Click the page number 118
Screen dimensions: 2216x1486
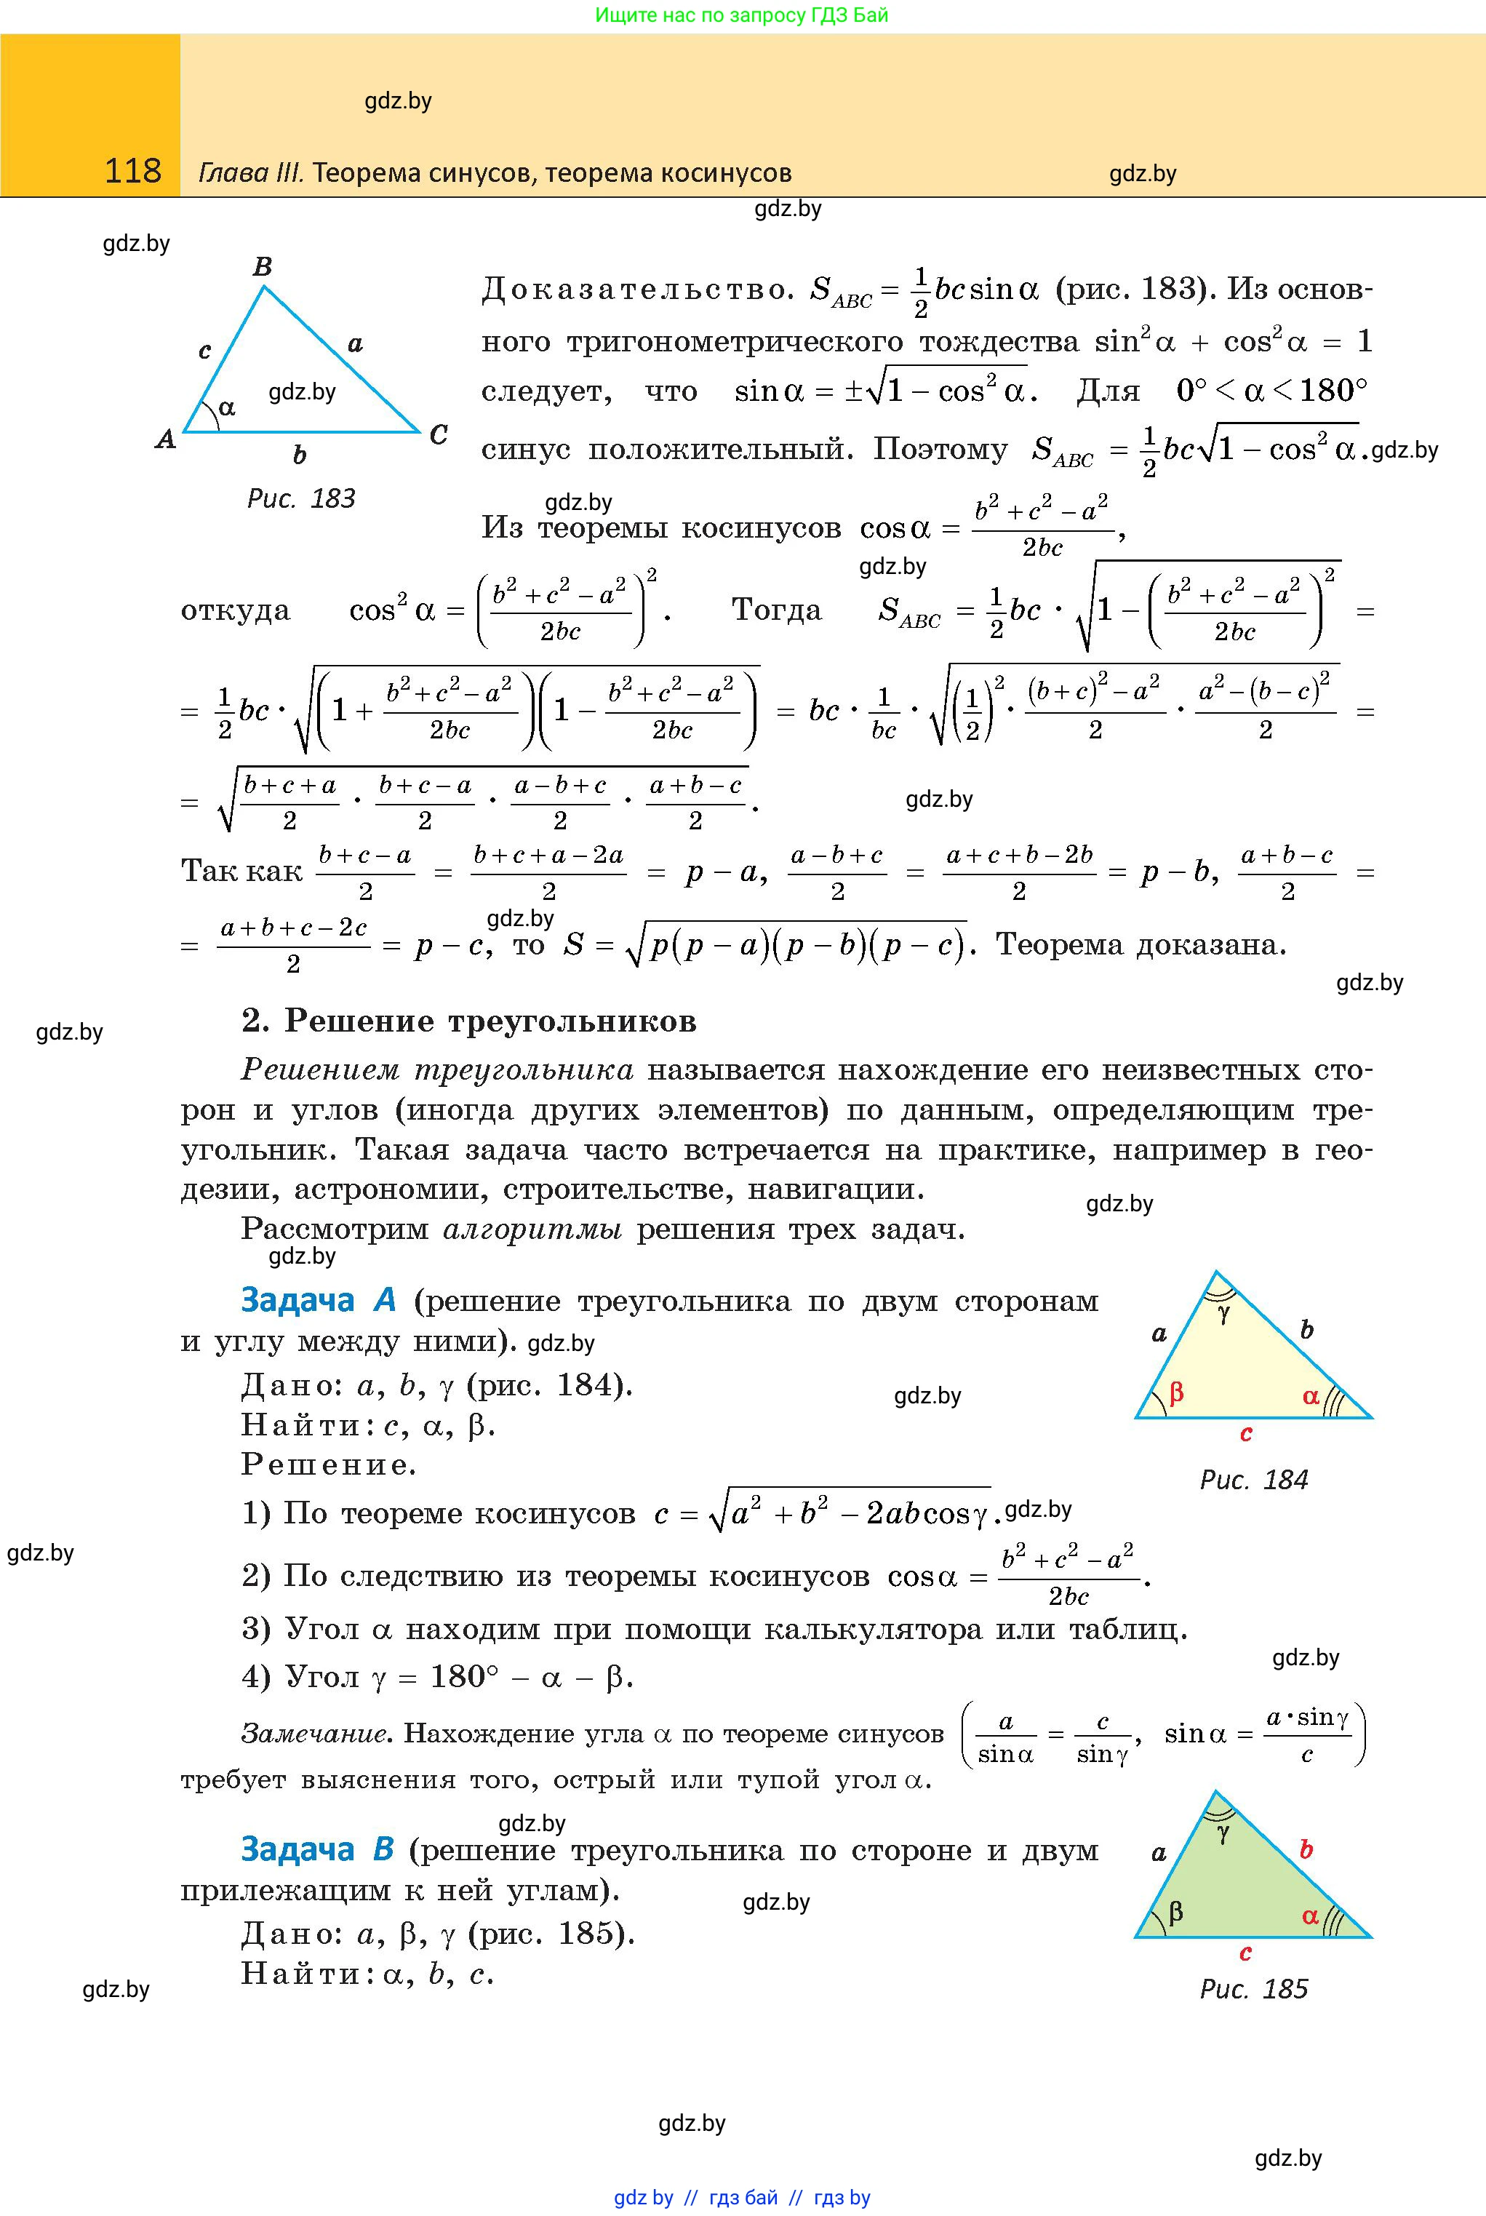point(132,172)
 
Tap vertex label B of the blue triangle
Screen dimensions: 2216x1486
point(263,266)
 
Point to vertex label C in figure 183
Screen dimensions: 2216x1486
point(438,435)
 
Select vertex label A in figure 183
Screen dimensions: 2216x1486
point(166,439)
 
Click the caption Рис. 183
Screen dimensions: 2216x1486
point(300,498)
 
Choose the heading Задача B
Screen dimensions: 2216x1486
point(316,1849)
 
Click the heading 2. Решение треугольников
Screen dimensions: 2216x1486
point(469,1021)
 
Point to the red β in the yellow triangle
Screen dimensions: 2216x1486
point(1176,1392)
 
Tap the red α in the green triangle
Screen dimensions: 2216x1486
point(1311,1916)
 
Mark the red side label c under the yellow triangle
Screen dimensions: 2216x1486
point(1246,1434)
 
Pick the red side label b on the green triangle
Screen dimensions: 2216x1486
point(1306,1849)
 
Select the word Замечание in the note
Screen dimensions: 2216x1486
point(316,1734)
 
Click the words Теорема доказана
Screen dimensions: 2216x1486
point(1141,944)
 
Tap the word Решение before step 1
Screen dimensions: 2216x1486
point(329,1464)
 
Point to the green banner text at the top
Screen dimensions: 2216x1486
point(742,15)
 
